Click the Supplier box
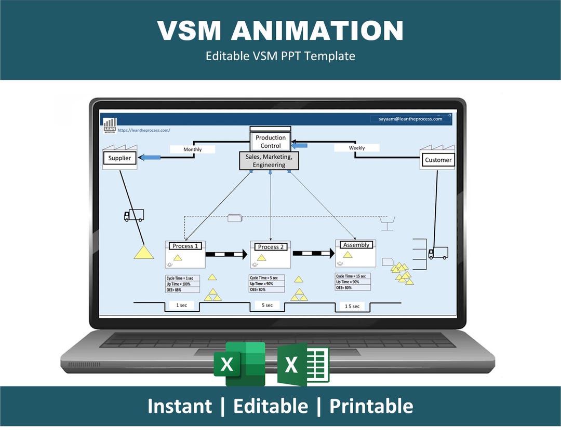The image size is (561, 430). [x=119, y=158]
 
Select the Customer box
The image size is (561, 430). [x=438, y=160]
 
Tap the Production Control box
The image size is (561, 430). [x=270, y=142]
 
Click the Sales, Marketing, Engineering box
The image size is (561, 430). [x=269, y=161]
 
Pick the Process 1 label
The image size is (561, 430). [x=185, y=246]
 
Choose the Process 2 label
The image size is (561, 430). [x=271, y=247]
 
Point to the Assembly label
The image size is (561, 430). [x=356, y=245]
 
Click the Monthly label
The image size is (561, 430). [x=192, y=149]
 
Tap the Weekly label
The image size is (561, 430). [x=356, y=148]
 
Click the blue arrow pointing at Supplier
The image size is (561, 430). [x=149, y=157]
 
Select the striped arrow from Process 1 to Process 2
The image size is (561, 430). [x=226, y=254]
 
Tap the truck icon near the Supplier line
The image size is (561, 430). [x=133, y=215]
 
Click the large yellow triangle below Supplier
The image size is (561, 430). [x=143, y=252]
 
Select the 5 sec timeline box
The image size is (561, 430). [x=267, y=305]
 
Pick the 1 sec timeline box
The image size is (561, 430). [x=181, y=306]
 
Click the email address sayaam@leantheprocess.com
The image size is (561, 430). [x=410, y=119]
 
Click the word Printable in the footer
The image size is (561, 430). [x=371, y=406]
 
